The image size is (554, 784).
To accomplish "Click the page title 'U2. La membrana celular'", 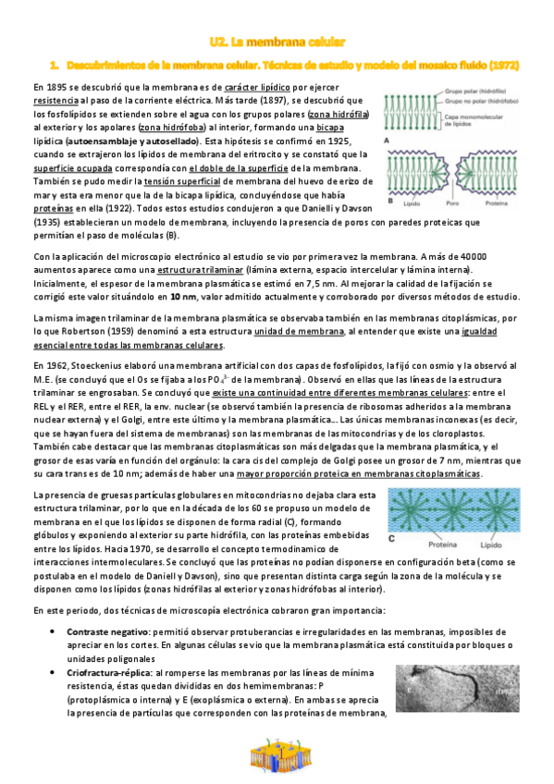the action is click(x=277, y=42).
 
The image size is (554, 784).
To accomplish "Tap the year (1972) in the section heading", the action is click(x=499, y=66).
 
